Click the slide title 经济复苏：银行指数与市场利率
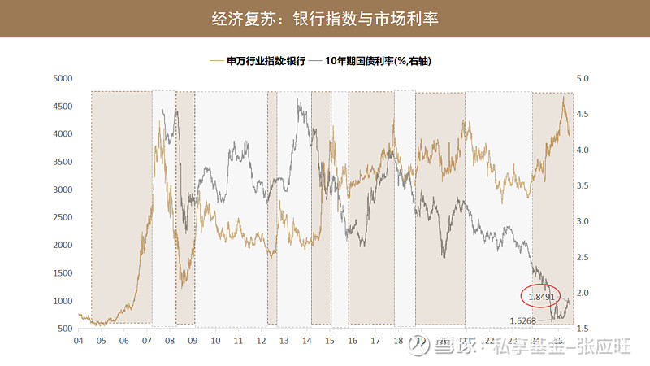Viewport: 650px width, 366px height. point(324,18)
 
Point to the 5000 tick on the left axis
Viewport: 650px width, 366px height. point(63,79)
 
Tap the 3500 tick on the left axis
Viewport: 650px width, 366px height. point(63,162)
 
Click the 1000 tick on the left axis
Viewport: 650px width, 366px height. point(63,301)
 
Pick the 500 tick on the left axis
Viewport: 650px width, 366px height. point(65,329)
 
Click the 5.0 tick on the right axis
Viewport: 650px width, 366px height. point(585,79)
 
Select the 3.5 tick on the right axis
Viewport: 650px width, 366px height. point(585,185)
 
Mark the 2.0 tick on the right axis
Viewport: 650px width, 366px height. point(585,293)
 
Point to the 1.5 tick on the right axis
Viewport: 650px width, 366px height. point(585,329)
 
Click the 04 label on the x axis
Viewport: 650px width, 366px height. point(78,341)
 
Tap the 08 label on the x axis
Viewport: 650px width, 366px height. point(170,341)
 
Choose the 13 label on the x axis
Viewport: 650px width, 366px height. point(284,341)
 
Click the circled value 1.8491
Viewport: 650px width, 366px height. point(541,298)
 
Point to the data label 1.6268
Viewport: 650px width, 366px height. point(522,320)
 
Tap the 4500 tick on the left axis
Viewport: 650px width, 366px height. point(63,107)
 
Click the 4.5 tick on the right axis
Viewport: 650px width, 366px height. point(585,115)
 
